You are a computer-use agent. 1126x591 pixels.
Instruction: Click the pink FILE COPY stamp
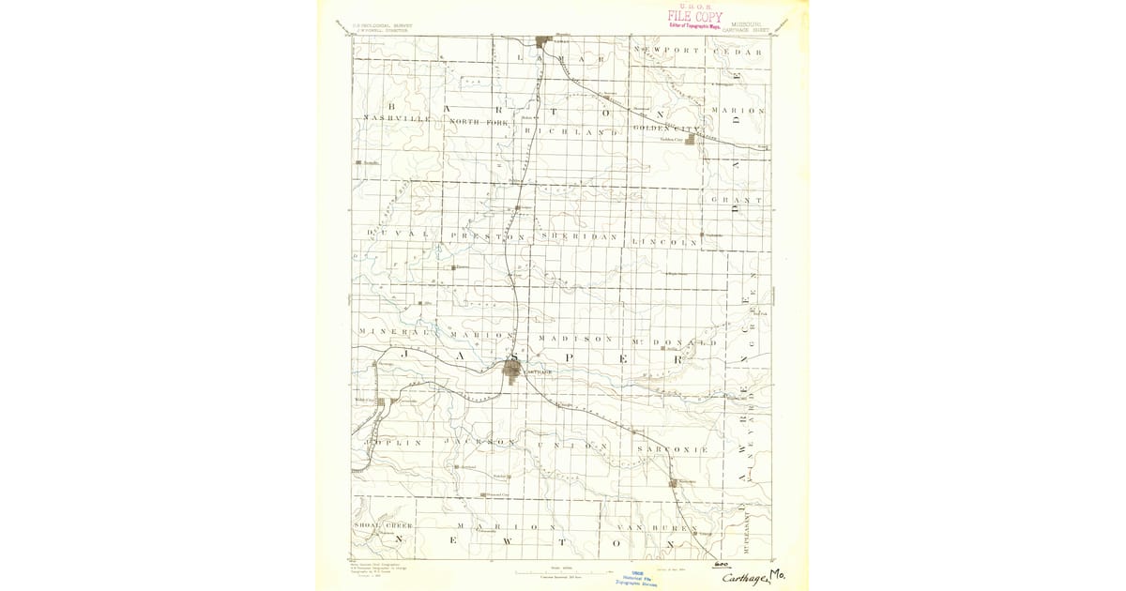(695, 16)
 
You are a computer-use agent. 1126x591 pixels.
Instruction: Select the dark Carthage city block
(512, 370)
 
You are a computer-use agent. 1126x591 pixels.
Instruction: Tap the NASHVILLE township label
(397, 120)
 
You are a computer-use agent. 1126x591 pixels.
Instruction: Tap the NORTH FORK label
(477, 122)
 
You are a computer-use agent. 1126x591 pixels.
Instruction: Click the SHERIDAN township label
(580, 236)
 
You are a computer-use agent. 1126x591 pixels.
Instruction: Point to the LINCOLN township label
(667, 242)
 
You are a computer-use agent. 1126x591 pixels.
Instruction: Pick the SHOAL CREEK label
(384, 525)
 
